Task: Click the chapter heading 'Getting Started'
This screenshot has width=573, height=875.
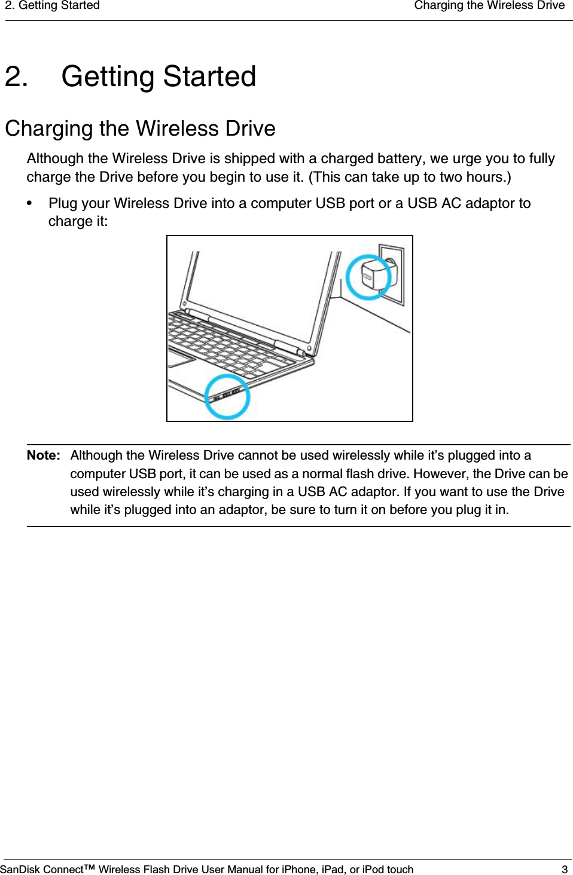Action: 159,77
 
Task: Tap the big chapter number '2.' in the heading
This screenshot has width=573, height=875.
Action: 16,77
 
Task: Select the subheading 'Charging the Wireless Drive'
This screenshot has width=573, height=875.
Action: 140,129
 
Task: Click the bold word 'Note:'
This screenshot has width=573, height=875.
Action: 43,455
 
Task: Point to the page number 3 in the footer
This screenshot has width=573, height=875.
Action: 564,869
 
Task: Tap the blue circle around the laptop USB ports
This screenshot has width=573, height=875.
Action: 227,396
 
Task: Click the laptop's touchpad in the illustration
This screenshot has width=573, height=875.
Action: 181,360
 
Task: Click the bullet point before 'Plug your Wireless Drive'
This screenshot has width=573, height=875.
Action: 29,204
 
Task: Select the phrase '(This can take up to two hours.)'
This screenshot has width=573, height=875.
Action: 410,177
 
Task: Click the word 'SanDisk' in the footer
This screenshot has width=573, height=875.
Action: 20,869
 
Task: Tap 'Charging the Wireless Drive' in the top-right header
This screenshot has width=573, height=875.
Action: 489,6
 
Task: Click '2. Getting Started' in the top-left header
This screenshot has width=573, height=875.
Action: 53,6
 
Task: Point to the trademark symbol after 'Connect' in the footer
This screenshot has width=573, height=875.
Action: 89,867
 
